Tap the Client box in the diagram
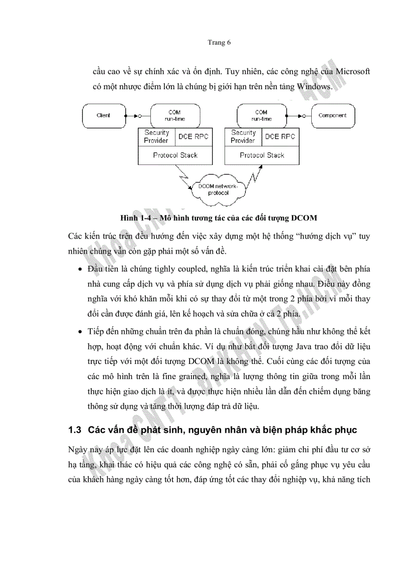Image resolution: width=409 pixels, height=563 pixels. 103,115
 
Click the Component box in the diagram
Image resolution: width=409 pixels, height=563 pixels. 332,115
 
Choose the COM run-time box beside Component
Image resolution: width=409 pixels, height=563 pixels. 262,115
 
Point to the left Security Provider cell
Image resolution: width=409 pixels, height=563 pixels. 156,137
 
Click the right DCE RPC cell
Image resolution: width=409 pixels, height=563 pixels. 280,137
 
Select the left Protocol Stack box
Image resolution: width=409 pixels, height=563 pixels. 175,155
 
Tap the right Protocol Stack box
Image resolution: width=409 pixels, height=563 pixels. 262,155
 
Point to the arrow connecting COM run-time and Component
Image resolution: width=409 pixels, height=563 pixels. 298,116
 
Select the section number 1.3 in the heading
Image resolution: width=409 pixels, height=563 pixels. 75,430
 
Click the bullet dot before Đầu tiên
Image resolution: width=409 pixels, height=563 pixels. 80,270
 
